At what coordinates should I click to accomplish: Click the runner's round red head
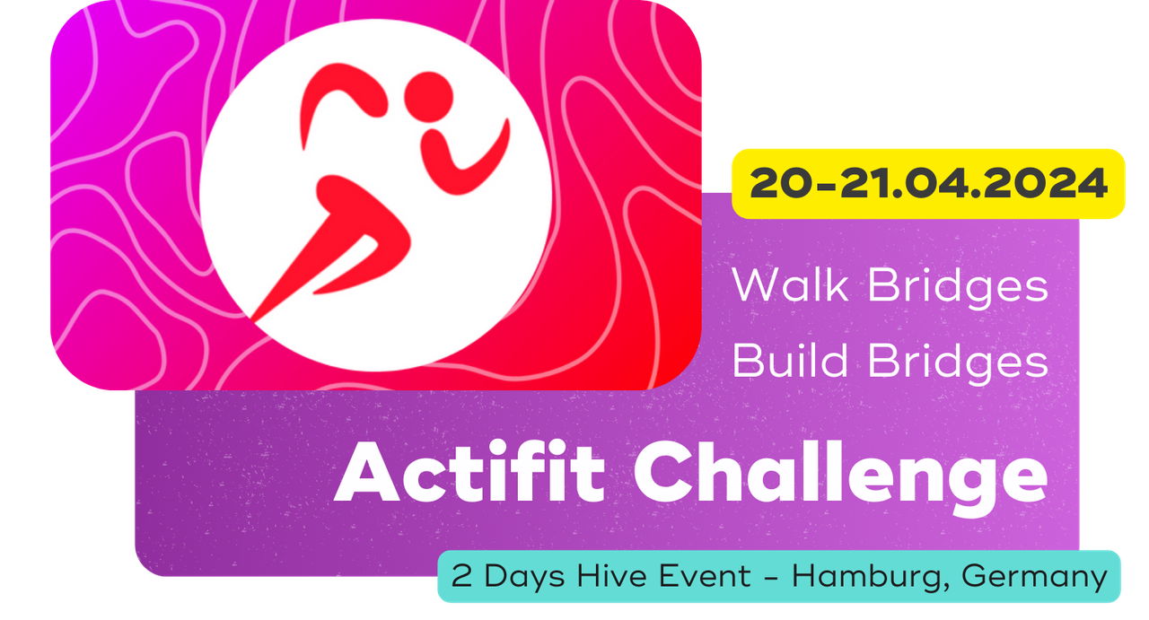(x=429, y=97)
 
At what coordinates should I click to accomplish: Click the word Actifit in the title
(x=469, y=472)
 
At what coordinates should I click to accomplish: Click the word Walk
(x=790, y=284)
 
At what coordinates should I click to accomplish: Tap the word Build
(x=790, y=360)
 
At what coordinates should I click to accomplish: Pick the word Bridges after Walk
(x=958, y=288)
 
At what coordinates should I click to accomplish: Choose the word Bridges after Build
(x=958, y=363)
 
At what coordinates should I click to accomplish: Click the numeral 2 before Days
(x=461, y=575)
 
